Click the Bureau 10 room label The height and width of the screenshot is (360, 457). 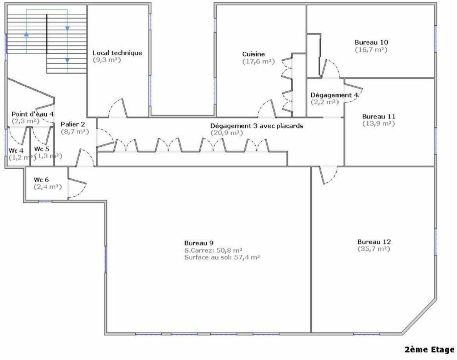[x=371, y=42]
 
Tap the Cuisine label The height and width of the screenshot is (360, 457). [x=253, y=54]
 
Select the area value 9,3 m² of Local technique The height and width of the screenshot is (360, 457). [x=107, y=60]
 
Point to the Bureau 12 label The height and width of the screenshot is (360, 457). [x=374, y=242]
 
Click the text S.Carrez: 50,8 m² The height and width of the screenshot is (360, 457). [x=214, y=250]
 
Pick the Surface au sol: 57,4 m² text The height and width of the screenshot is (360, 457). [x=222, y=258]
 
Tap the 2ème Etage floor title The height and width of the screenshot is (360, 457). [x=430, y=349]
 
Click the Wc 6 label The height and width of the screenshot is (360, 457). [x=41, y=180]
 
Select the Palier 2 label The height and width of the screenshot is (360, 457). [x=73, y=124]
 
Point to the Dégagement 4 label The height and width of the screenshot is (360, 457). [x=334, y=95]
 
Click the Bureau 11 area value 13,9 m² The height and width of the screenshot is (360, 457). [x=379, y=123]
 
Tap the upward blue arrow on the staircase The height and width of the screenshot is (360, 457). [x=26, y=34]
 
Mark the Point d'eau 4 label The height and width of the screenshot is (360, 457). [x=32, y=114]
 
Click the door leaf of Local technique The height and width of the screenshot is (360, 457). [x=125, y=108]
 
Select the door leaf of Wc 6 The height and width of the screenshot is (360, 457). [x=77, y=181]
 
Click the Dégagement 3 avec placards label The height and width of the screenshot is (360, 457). [x=257, y=126]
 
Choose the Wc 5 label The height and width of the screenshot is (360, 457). [x=42, y=149]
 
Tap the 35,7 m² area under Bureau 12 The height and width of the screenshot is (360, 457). [x=374, y=249]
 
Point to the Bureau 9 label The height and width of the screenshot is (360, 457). [x=199, y=243]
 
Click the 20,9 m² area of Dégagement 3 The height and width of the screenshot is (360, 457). [x=227, y=133]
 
